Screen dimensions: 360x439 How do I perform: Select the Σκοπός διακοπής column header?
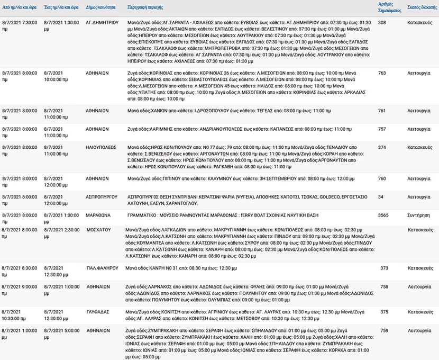click(x=422, y=7)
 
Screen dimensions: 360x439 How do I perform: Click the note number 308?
click(x=382, y=23)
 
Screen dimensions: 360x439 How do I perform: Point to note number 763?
click(x=382, y=73)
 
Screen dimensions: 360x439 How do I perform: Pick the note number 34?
click(x=380, y=196)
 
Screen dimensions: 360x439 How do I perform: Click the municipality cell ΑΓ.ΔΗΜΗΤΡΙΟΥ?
click(x=103, y=23)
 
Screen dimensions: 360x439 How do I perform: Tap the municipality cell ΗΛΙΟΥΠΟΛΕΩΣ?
click(x=101, y=147)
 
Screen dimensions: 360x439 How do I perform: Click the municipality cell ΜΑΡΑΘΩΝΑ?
click(x=98, y=215)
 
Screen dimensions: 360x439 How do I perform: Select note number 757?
click(x=382, y=129)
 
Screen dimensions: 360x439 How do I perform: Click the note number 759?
click(x=384, y=330)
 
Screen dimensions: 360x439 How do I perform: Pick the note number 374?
click(x=382, y=147)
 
